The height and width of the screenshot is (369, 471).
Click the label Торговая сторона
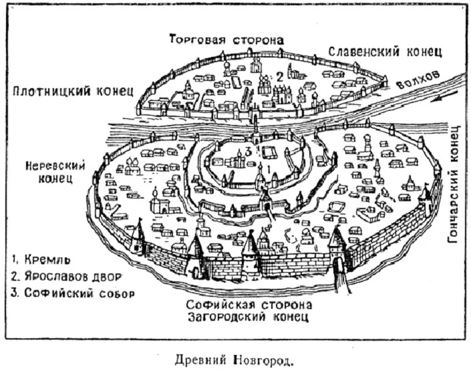click(x=226, y=39)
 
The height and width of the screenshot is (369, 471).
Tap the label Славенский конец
click(x=385, y=51)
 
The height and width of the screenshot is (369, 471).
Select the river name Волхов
click(x=418, y=80)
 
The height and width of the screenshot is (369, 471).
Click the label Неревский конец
click(x=55, y=172)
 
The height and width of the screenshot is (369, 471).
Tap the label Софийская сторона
click(x=249, y=305)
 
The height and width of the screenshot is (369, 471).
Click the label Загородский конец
click(x=249, y=317)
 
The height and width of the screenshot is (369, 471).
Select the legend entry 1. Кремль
click(x=41, y=259)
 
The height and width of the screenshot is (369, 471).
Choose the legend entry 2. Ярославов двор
click(x=66, y=276)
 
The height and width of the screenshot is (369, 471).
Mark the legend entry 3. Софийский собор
click(x=73, y=293)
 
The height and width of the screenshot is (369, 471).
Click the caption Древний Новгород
click(x=234, y=359)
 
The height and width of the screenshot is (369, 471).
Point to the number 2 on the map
click(x=280, y=78)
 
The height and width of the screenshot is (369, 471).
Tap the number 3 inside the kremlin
click(x=248, y=152)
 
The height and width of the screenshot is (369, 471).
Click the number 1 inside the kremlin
click(x=269, y=169)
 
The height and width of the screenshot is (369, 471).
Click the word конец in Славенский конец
click(x=424, y=52)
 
